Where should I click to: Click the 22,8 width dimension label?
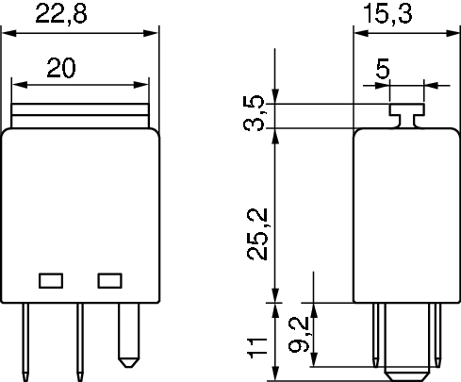click(61, 14)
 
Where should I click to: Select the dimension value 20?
click(61, 68)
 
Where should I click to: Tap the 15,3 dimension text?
click(387, 14)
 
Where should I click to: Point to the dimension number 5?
click(383, 68)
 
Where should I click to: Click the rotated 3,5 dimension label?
click(255, 112)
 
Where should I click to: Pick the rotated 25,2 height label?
click(257, 234)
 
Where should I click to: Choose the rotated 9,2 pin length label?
click(299, 335)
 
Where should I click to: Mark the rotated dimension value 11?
click(257, 348)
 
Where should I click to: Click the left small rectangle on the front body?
click(51, 281)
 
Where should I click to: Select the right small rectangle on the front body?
click(109, 281)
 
